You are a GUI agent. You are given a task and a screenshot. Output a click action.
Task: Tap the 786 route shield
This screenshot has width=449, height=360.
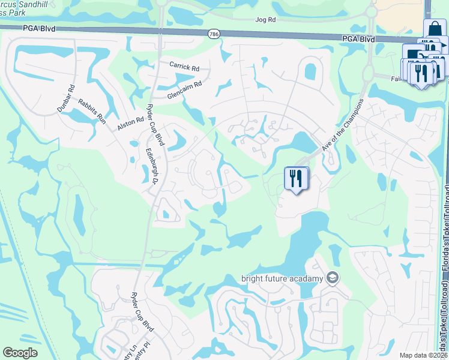point(213,34)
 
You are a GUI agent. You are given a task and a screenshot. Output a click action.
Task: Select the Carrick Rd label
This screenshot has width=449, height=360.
point(184,66)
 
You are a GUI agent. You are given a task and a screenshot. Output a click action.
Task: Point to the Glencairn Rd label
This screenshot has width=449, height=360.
point(184,91)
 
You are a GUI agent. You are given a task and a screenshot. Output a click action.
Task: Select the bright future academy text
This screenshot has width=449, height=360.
point(282,278)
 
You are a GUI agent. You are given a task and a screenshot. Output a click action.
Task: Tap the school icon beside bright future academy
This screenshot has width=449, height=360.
point(333,278)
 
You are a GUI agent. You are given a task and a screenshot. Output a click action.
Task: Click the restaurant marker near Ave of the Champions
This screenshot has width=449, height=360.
point(296,179)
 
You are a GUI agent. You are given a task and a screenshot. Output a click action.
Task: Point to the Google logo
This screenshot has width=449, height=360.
point(20,353)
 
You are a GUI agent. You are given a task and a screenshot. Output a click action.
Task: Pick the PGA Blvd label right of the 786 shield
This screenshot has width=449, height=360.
point(360,39)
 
